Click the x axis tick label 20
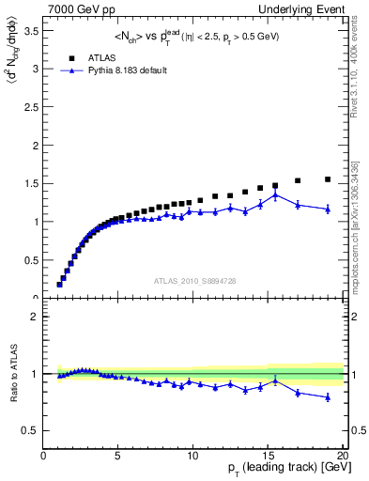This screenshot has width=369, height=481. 342,457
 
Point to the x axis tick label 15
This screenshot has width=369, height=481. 268,457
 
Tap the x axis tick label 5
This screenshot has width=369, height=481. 118,457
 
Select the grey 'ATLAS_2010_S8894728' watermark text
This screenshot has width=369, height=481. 193,280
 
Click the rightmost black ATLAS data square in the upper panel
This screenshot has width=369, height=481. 328,179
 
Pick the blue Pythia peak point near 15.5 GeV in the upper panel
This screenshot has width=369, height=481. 275,195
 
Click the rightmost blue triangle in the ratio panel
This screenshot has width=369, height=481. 328,397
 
